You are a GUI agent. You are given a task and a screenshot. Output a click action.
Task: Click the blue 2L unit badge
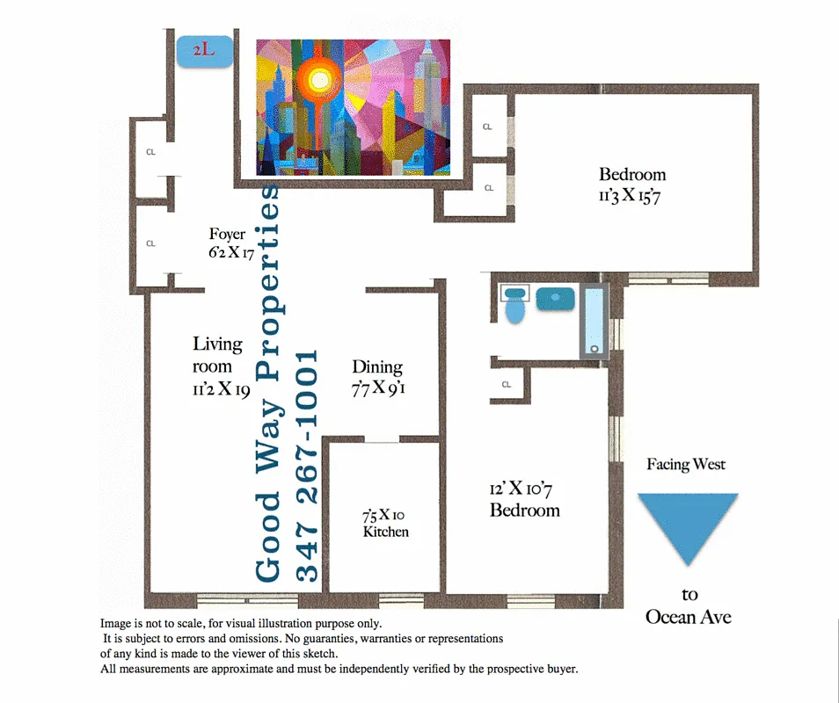[x=204, y=52]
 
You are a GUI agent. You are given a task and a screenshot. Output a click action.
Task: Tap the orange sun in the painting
[x=320, y=81]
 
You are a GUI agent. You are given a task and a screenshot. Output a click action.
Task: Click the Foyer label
[x=227, y=235]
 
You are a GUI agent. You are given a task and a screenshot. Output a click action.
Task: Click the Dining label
[x=377, y=367]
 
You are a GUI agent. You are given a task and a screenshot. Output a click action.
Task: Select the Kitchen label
[x=386, y=532]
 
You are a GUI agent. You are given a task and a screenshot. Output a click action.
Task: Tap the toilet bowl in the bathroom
[x=515, y=311]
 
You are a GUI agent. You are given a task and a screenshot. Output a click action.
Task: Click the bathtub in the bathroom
[x=595, y=322]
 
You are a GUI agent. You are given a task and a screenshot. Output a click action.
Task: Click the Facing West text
[x=686, y=464]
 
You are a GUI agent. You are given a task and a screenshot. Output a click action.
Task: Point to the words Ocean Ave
[x=688, y=617]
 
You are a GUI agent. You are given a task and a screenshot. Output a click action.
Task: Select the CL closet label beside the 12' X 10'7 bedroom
[x=507, y=384]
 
